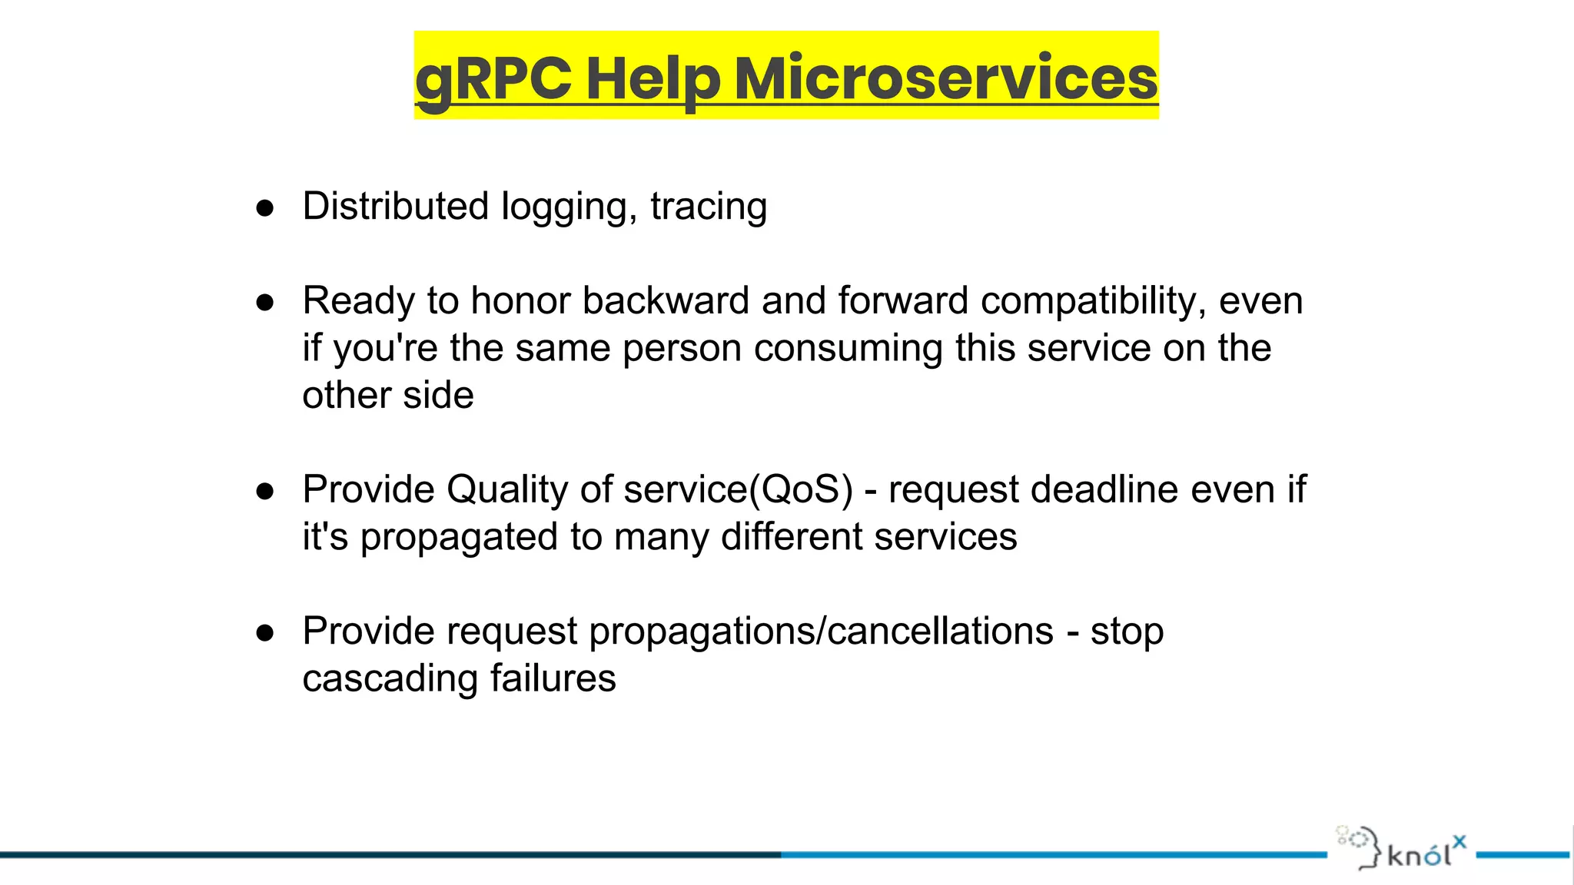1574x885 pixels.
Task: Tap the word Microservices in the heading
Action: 945,78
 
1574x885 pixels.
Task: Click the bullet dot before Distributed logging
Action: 265,208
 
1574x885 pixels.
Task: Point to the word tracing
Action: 709,207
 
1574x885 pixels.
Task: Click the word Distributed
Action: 395,206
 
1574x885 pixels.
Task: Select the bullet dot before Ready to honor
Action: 265,303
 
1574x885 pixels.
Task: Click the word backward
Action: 666,300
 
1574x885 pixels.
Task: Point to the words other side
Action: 388,395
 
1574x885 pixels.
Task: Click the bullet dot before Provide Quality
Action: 265,492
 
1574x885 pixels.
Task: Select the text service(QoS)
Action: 738,490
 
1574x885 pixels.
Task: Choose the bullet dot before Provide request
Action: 265,633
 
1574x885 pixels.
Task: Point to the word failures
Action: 553,678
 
